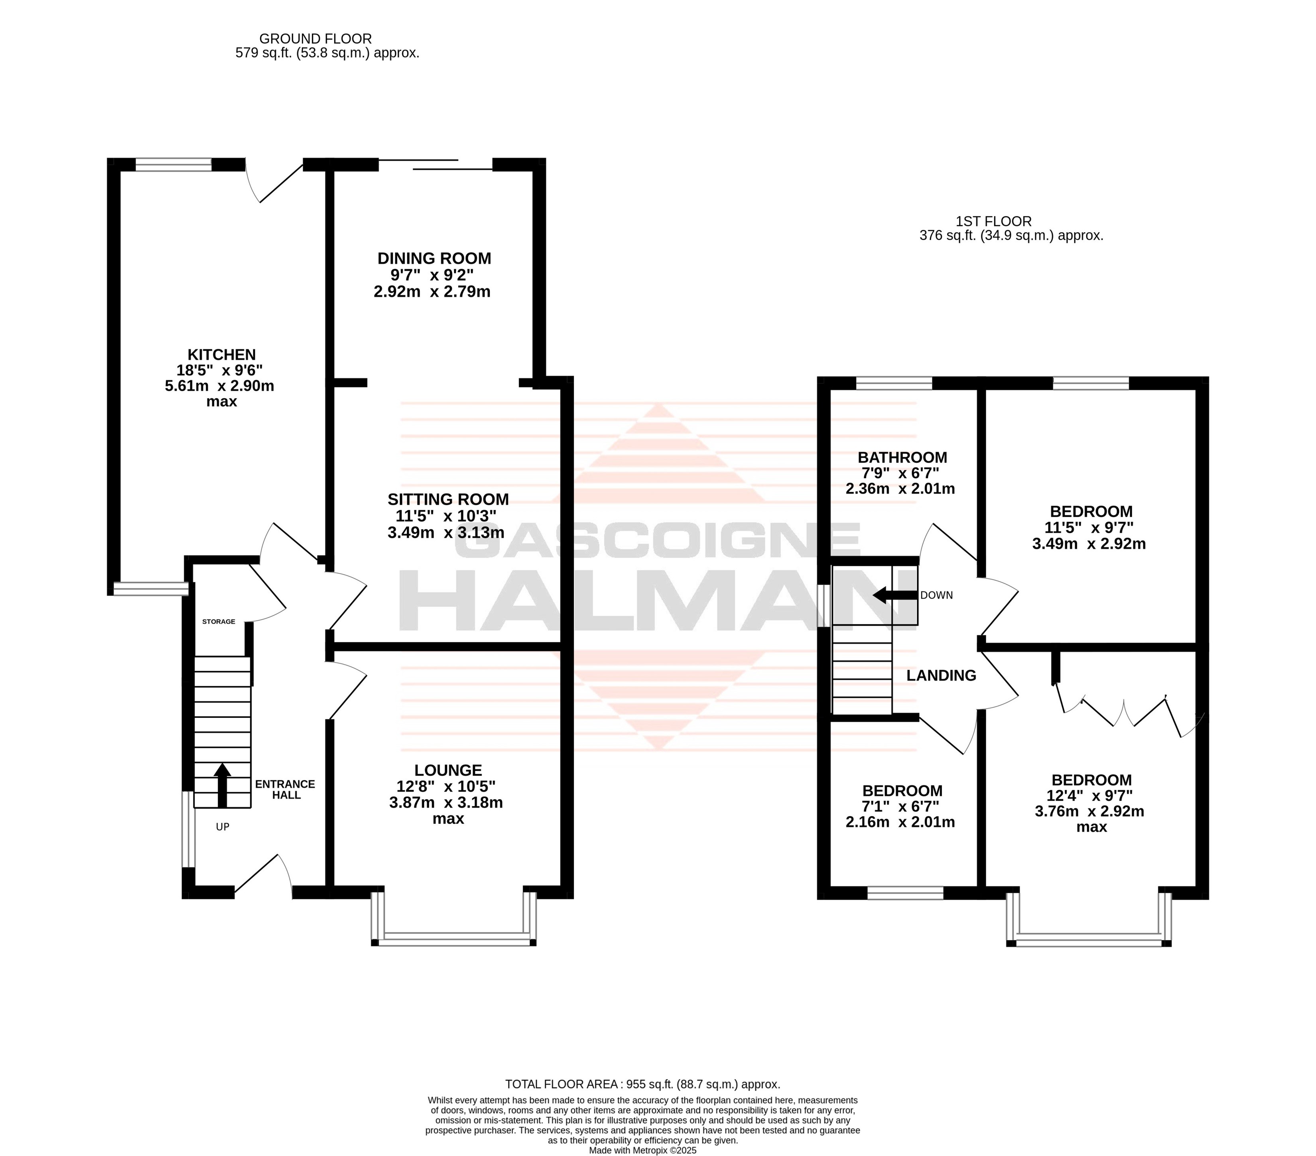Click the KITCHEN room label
click(221, 354)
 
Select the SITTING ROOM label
click(448, 500)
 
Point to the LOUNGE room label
click(448, 770)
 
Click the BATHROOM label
click(902, 458)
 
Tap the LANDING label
click(941, 675)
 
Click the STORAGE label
click(219, 622)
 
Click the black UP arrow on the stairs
click(222, 785)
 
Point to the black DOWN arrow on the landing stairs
click(895, 595)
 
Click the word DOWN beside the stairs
click(936, 595)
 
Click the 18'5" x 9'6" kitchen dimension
click(220, 371)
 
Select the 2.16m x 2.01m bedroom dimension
click(900, 823)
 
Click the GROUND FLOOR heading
click(315, 39)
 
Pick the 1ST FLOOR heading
click(993, 221)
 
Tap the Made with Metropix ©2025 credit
click(642, 1150)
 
